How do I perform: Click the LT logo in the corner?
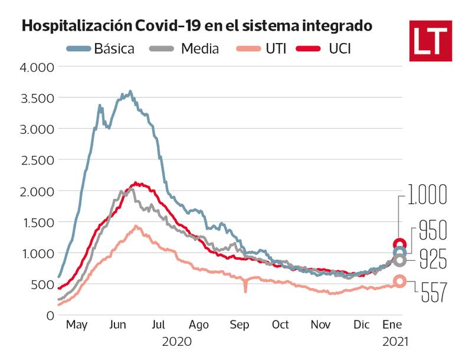[430, 41]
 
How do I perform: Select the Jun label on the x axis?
[117, 325]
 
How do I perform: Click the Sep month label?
[240, 325]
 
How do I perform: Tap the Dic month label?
[362, 325]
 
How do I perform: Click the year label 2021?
[393, 341]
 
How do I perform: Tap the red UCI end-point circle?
[399, 244]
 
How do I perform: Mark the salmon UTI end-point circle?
[399, 282]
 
